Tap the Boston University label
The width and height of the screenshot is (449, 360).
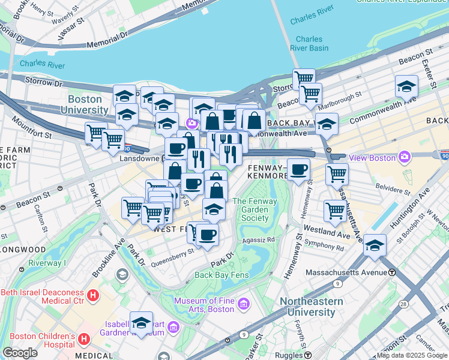point(88,104)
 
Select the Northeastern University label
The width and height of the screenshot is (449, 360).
point(315,307)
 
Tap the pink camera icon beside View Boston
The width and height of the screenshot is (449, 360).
point(405,157)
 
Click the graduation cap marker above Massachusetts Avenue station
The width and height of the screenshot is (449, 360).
point(375,245)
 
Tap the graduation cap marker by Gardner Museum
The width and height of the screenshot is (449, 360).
point(142,322)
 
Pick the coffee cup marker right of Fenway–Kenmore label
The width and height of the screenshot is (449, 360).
point(298,169)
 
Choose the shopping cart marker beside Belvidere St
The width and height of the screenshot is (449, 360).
point(337,174)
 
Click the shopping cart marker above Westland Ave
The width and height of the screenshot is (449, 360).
point(334,210)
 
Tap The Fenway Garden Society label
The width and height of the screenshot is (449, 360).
point(250,209)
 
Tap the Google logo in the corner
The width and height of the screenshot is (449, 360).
point(20,352)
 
